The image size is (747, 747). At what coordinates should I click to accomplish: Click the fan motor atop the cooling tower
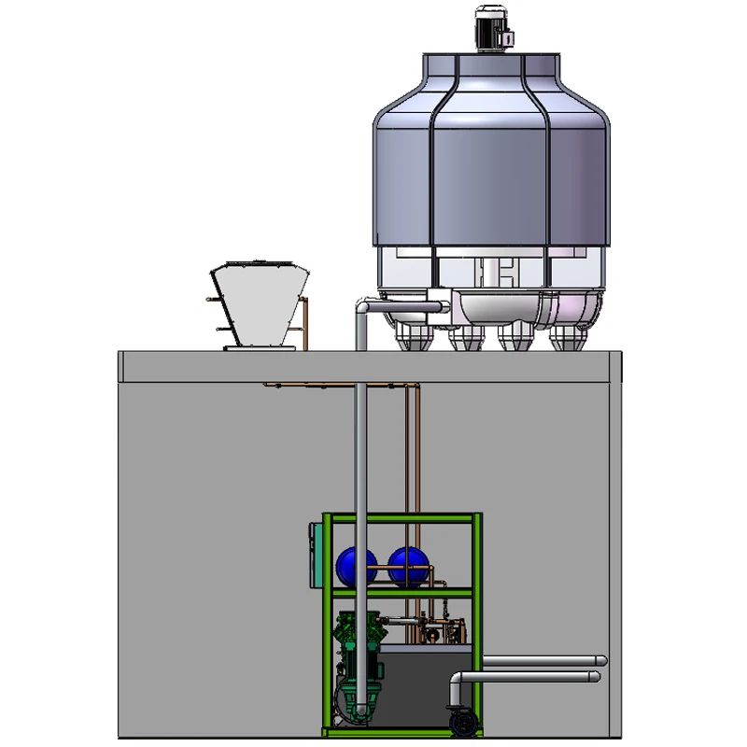489,28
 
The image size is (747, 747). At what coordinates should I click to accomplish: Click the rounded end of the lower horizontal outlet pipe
595,675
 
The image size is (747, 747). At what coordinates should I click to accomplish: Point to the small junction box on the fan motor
510,38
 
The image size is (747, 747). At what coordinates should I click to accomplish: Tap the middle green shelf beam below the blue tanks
402,591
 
